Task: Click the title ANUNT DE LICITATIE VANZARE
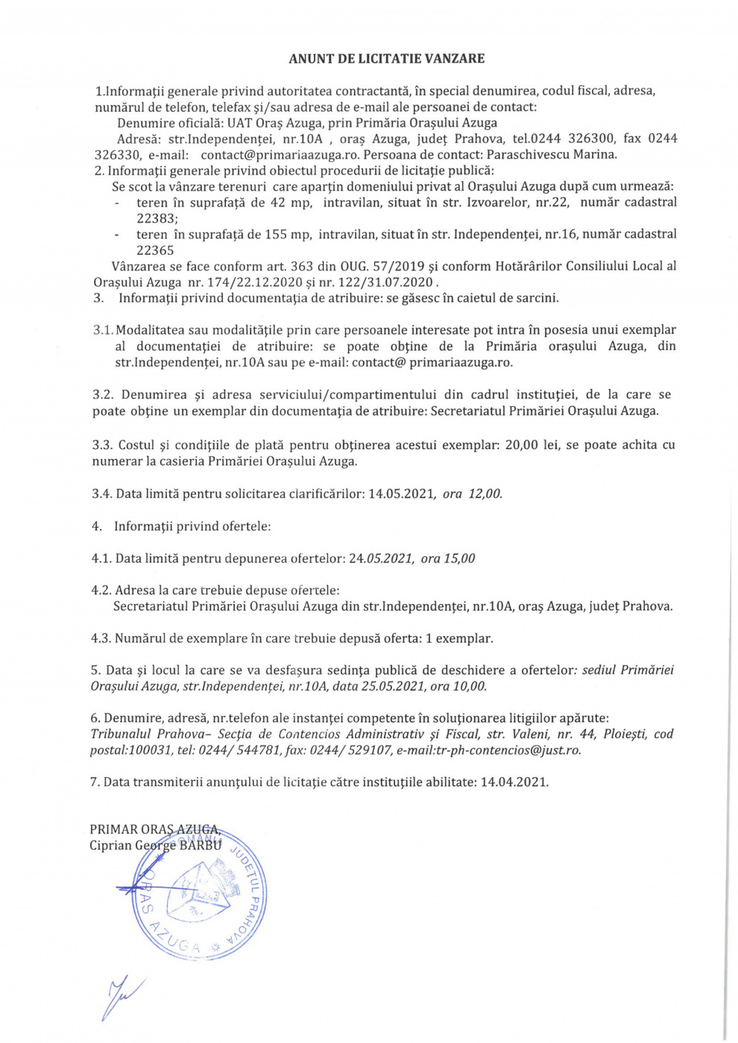[x=386, y=58]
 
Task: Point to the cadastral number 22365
[x=155, y=250]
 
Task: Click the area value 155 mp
[x=288, y=234]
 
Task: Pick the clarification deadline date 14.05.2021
[x=402, y=493]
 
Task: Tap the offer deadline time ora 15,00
[x=447, y=558]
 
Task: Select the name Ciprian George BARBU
[x=155, y=846]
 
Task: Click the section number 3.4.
[x=102, y=493]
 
